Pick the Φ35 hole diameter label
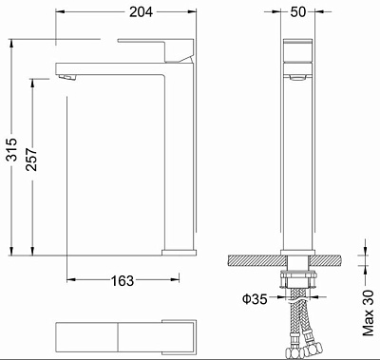coord(254,299)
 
